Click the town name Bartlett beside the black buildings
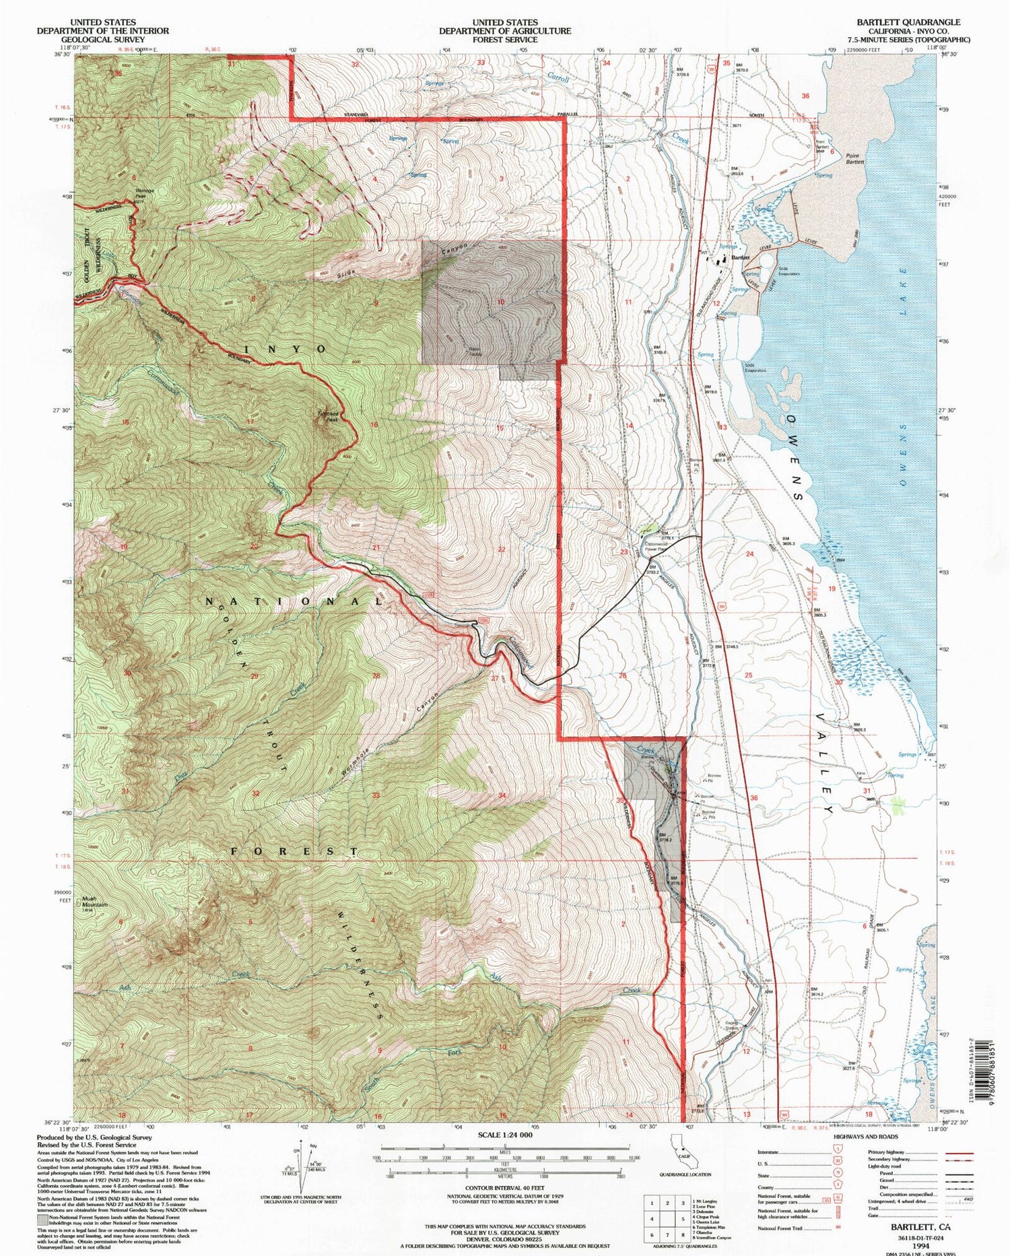point(741,258)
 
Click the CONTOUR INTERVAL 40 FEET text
point(504,1189)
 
